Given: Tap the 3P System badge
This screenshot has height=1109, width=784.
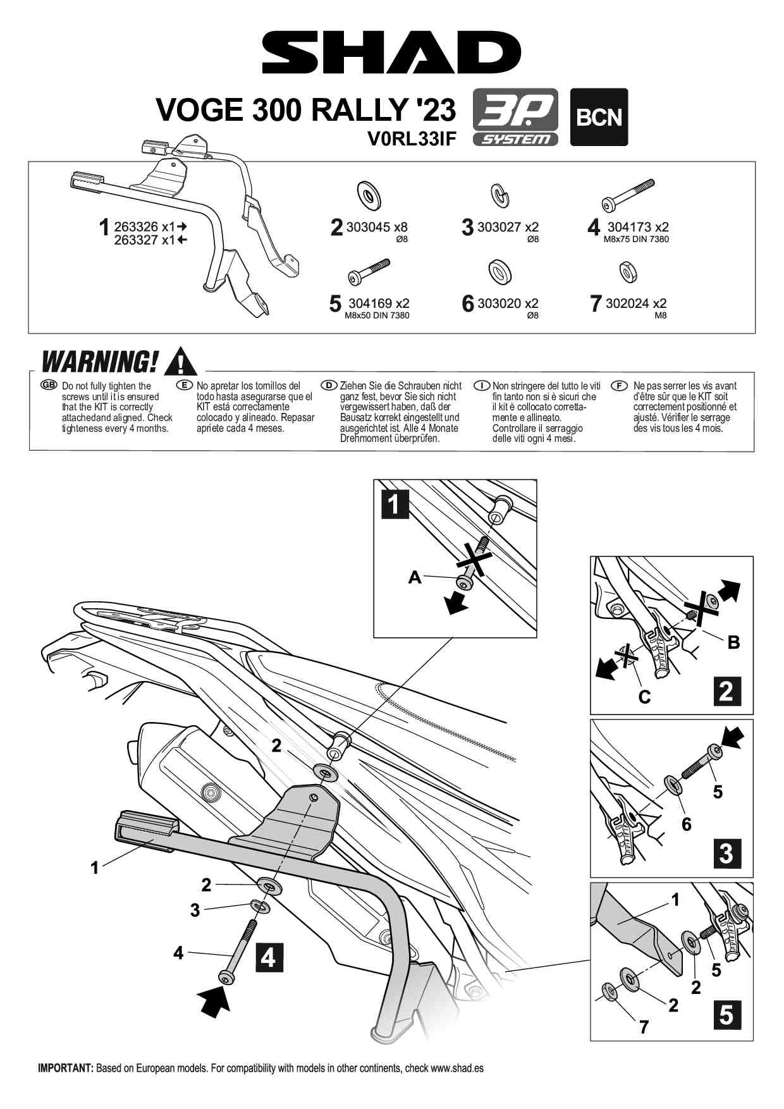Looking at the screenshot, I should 515,117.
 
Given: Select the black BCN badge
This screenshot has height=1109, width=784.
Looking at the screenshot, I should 599,117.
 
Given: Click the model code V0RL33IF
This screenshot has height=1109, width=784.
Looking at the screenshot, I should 412,139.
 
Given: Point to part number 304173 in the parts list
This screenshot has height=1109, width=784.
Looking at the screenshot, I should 629,226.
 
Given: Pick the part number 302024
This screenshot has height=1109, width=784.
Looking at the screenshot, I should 627,303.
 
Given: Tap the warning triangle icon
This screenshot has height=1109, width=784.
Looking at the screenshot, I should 181,362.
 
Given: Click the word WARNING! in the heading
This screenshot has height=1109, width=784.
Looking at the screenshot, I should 99,362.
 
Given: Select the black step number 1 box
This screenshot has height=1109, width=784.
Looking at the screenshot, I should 395,505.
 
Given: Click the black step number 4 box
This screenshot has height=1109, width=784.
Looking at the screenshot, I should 269,958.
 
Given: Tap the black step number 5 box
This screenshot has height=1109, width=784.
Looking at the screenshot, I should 726,1015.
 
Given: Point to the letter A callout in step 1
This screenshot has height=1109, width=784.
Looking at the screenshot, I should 415,577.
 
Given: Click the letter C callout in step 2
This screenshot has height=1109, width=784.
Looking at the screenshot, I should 644,697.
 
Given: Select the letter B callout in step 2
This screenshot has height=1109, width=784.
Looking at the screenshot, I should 733,642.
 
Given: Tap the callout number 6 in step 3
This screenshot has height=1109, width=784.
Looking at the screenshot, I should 687,824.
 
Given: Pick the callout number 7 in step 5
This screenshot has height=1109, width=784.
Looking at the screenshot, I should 644,1027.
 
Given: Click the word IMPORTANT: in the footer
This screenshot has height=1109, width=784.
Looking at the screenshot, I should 66,1068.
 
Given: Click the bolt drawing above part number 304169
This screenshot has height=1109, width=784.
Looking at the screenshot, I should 369,271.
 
